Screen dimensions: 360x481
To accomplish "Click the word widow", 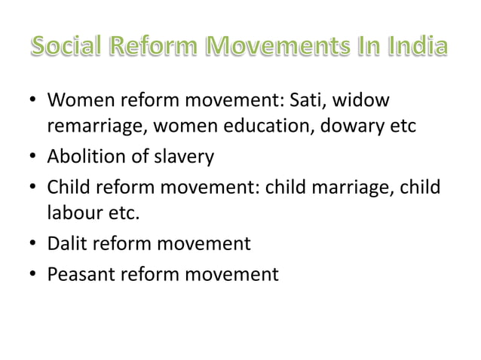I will pyautogui.click(x=375, y=100).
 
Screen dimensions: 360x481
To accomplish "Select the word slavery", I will pyautogui.click(x=183, y=157).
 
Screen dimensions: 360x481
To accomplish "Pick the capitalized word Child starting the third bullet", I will pyautogui.click(x=69, y=186).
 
